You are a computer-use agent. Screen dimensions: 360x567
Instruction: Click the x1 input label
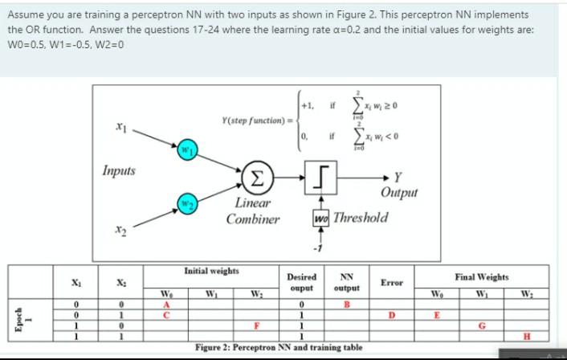142,127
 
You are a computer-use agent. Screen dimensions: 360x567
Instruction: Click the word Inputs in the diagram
119,170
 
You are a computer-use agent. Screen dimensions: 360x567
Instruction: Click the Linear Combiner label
253,211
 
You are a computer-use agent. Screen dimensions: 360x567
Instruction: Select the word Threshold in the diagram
361,218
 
